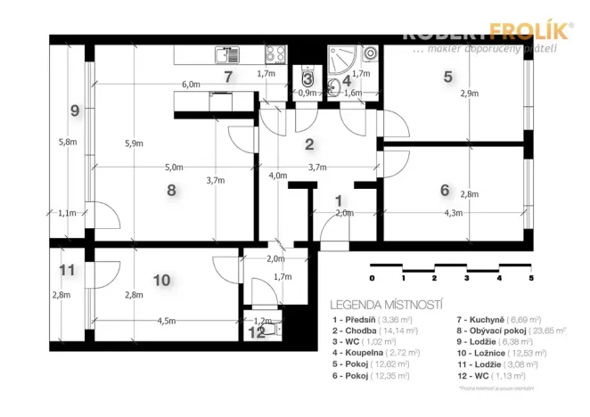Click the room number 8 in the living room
[171, 189]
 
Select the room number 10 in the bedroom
[161, 280]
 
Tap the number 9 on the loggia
[75, 110]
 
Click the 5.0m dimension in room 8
[174, 167]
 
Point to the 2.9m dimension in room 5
[470, 93]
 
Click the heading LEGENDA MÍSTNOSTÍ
[386, 303]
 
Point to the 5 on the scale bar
[531, 278]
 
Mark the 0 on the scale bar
[372, 278]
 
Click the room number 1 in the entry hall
[338, 200]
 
